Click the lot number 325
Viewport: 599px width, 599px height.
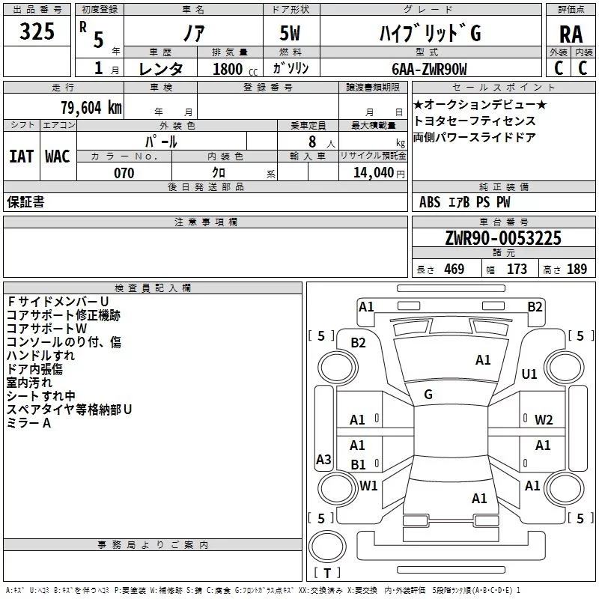click(x=37, y=31)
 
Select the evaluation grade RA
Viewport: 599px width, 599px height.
click(x=571, y=34)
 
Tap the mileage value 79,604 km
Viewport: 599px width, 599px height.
click(x=91, y=108)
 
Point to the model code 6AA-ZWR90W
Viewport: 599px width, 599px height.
click(x=429, y=69)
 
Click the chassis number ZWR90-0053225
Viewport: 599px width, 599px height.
click(x=503, y=238)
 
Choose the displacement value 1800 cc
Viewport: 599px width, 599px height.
click(x=235, y=69)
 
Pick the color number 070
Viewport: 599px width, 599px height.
click(x=124, y=173)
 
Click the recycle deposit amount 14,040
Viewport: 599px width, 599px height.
click(x=373, y=173)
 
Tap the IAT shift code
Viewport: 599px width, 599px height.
click(x=22, y=156)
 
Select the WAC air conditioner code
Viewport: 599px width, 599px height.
click(x=58, y=156)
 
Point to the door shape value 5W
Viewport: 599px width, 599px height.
click(x=290, y=33)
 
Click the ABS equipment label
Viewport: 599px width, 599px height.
click(x=430, y=201)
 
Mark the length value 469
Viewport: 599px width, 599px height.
click(x=454, y=269)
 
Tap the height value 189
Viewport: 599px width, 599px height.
click(x=577, y=269)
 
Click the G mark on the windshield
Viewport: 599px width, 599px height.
click(x=428, y=395)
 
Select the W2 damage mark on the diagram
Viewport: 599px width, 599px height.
click(x=544, y=420)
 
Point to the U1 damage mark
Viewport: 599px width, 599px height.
click(x=529, y=374)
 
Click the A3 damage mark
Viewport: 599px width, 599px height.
click(x=323, y=459)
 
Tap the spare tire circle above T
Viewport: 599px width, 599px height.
click(x=327, y=547)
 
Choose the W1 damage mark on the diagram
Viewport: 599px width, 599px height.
click(x=368, y=485)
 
